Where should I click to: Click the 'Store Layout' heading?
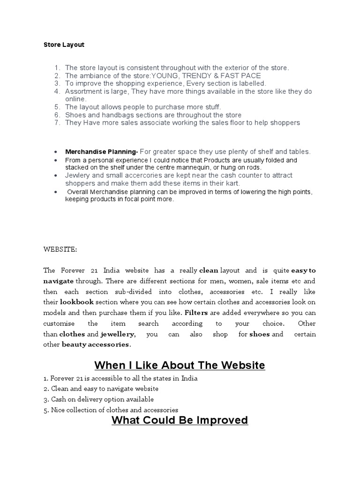coord(64,45)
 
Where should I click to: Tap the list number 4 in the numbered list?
coord(57,91)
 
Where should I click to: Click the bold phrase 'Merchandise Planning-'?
coord(101,152)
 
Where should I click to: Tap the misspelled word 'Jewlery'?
coord(77,175)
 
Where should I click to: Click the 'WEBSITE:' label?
coord(61,250)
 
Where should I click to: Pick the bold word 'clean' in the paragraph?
coord(209,270)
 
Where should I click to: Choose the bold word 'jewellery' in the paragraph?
coord(118,334)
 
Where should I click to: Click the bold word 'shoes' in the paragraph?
coord(260,334)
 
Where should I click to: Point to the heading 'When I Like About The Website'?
coord(180,365)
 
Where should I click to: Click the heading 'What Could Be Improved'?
coord(180,420)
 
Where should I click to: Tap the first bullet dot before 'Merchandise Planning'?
coord(56,152)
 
